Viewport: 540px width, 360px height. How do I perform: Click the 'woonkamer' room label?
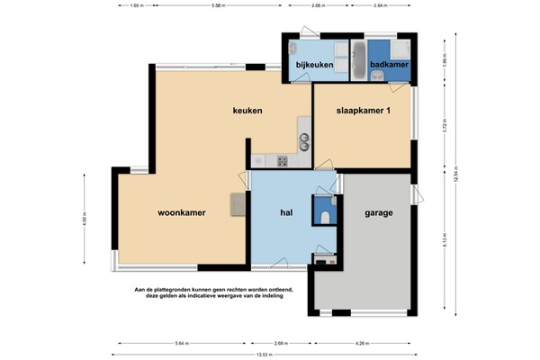183,213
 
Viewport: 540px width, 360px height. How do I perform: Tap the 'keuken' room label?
247,111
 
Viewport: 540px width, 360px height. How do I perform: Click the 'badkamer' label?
388,65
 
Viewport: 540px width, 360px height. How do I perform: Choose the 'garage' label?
379,214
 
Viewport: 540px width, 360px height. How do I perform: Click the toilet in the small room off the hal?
325,215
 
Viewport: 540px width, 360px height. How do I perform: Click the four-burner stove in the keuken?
282,162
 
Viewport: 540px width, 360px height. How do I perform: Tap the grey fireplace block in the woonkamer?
238,204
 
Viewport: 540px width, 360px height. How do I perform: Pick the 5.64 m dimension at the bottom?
183,342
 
